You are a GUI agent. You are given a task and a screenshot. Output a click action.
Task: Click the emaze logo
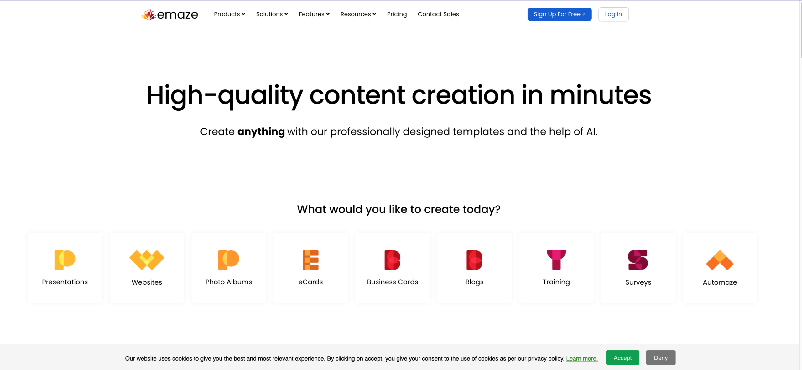pos(170,14)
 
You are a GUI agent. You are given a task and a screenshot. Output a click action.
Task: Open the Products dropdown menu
pos(230,14)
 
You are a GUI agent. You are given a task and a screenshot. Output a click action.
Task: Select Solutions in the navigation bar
pos(272,14)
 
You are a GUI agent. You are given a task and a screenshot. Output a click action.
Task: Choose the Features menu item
pos(314,14)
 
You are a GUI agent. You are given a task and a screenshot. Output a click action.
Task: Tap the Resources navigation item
pos(358,14)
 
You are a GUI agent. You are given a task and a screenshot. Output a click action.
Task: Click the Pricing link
pos(397,14)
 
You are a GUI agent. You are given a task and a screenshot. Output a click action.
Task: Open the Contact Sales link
pos(438,14)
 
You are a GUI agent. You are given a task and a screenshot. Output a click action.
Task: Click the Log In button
pos(613,14)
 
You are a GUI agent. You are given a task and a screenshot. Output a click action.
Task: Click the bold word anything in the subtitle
pos(261,131)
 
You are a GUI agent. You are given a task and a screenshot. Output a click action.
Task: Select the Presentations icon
pos(65,260)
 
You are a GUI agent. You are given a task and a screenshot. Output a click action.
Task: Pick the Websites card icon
pos(147,260)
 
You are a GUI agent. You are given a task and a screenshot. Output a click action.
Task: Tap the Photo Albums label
pos(229,282)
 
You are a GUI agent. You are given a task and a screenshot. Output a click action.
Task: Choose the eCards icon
pos(310,260)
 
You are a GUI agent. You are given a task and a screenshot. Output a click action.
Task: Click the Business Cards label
pos(393,282)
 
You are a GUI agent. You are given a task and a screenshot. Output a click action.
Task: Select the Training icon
pos(556,260)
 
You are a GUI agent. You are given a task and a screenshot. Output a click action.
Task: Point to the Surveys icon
pos(638,260)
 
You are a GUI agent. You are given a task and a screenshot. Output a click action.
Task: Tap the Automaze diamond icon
pos(720,260)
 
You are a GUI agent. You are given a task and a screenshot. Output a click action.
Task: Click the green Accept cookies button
pos(622,358)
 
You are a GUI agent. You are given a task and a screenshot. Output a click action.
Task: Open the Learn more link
pos(582,358)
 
